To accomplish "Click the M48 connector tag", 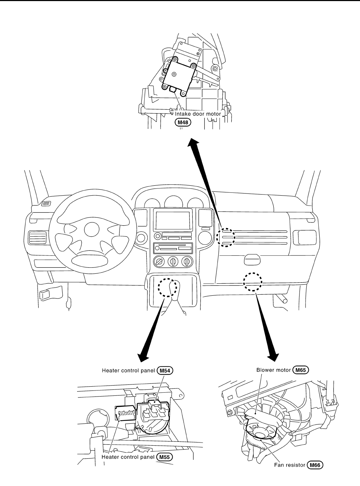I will point(183,122).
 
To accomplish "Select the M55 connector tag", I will point(165,457).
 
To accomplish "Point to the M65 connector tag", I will point(301,370).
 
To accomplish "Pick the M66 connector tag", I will point(315,465).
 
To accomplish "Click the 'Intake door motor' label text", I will point(198,114).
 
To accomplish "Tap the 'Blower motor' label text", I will point(273,370).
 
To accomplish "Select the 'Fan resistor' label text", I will point(290,465).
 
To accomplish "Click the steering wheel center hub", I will point(92,230).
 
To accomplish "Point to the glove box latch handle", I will point(253,260).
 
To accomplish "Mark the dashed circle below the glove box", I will point(252,282).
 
